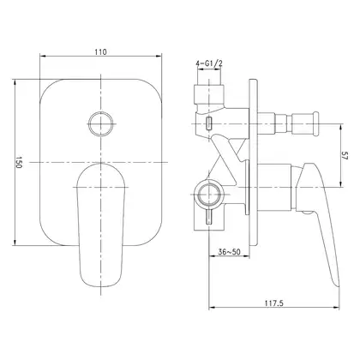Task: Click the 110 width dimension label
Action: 100,52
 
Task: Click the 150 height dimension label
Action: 19,162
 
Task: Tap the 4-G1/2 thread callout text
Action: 209,64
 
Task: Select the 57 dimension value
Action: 345,156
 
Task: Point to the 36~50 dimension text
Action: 230,252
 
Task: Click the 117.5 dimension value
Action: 274,303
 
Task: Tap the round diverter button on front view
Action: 101,123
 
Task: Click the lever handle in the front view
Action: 101,225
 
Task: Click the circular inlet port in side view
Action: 209,195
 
